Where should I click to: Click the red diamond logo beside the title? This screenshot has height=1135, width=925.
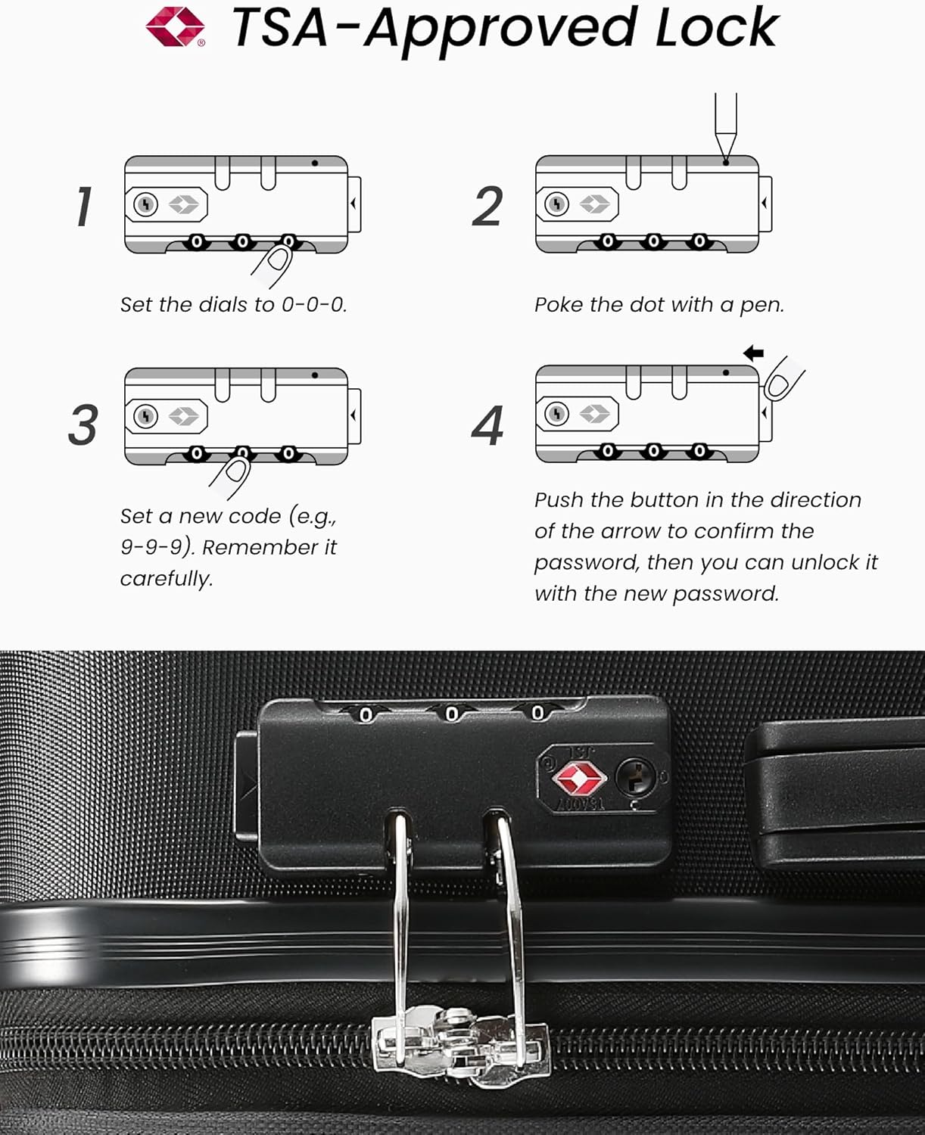pyautogui.click(x=176, y=26)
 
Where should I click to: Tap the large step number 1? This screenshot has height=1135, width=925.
pyautogui.click(x=84, y=207)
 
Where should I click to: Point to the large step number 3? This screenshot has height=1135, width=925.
pyautogui.click(x=83, y=424)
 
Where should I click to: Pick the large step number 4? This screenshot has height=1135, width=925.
pyautogui.click(x=487, y=426)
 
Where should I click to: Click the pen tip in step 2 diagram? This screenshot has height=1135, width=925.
pyautogui.click(x=725, y=155)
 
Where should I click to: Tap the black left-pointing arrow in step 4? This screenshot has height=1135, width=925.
pyautogui.click(x=753, y=353)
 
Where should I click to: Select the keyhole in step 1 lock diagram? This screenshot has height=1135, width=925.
pyautogui.click(x=145, y=204)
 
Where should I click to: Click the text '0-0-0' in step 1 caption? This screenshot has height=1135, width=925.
pyautogui.click(x=313, y=305)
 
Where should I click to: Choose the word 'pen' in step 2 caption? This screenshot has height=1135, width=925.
pyautogui.click(x=760, y=305)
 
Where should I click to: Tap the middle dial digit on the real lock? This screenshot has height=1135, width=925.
pyautogui.click(x=452, y=714)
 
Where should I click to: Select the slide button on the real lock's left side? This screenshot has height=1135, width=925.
pyautogui.click(x=246, y=787)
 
